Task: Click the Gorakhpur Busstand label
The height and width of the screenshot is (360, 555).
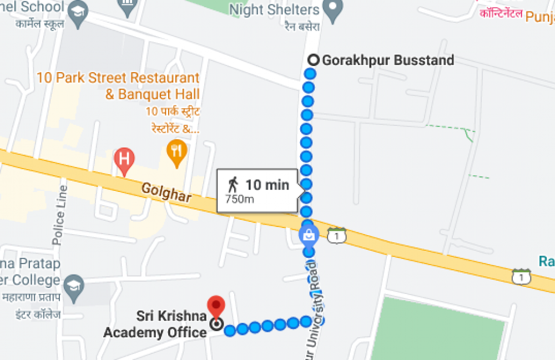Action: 388,60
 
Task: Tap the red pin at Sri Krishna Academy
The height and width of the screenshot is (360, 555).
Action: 215,306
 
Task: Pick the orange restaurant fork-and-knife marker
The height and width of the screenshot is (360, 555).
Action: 176,151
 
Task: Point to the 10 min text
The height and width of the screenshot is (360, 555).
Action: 268,185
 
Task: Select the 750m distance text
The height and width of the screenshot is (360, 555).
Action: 240,199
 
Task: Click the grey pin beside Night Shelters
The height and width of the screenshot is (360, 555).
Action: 332,8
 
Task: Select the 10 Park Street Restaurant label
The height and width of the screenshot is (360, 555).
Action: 118,85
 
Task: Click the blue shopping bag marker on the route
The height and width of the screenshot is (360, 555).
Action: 307,235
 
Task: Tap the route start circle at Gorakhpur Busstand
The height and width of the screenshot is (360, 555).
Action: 313,60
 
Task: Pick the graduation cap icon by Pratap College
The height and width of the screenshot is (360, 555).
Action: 73,284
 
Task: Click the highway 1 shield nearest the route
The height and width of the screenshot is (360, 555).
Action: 336,235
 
